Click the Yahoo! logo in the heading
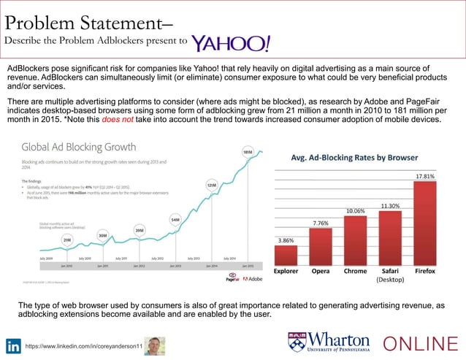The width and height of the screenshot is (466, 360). coord(231,42)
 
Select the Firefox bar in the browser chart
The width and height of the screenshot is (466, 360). coord(425,223)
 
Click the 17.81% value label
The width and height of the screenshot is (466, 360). coord(425,176)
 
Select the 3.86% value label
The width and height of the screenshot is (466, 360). coord(286,240)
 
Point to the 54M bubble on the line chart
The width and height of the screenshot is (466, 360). coord(175,218)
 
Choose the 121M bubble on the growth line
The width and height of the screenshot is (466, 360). coord(212,185)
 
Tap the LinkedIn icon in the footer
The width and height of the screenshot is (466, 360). coord(13,345)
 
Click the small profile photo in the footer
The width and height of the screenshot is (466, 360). coord(155,345)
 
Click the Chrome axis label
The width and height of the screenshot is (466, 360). coord(356,270)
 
